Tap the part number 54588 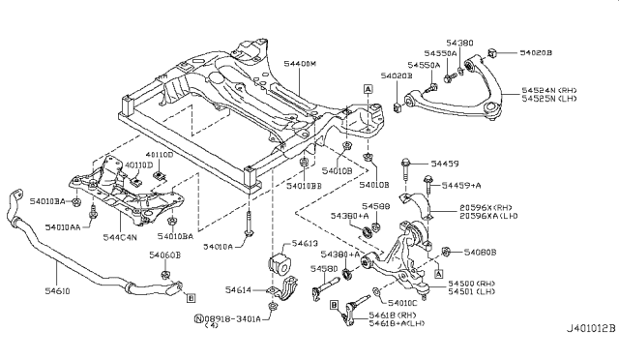point(375,206)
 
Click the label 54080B point(479,253)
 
